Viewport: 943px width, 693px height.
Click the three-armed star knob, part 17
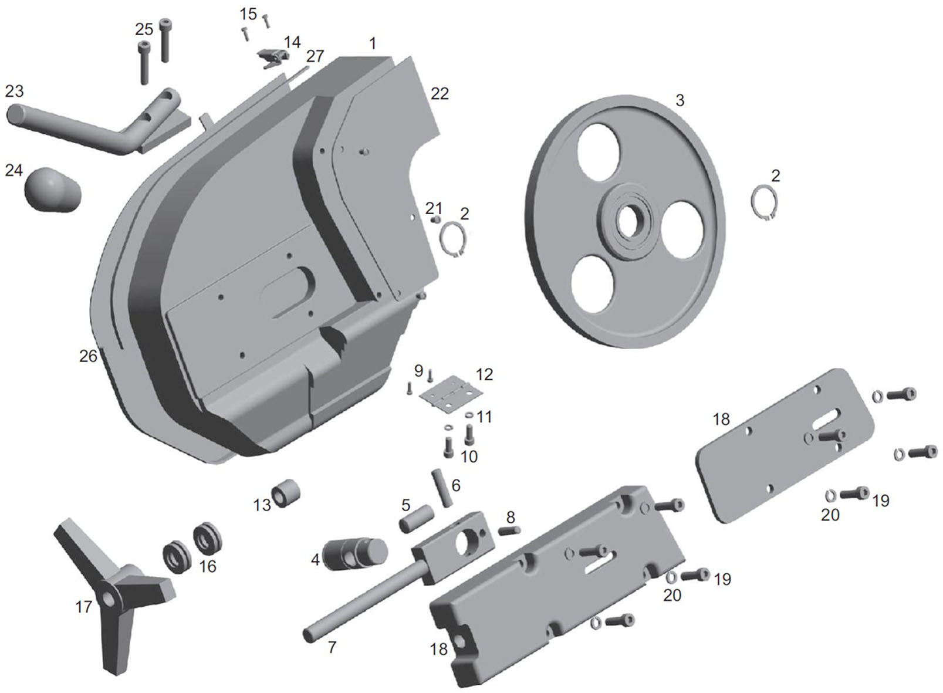coord(116,589)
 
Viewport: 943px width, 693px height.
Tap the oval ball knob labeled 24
coord(53,190)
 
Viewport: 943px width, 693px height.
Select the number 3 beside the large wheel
coord(680,100)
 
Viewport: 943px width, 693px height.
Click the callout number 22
coord(440,94)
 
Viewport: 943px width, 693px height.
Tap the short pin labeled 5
coord(417,519)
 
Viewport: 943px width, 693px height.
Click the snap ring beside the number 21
coord(453,239)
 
